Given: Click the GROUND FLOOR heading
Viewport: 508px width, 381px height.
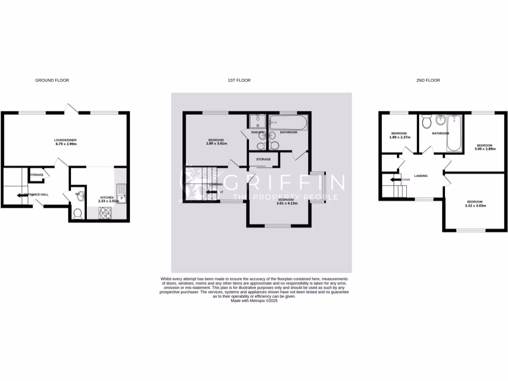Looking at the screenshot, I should point(52,80).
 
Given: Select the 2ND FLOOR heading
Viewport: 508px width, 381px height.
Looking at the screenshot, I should point(429,80).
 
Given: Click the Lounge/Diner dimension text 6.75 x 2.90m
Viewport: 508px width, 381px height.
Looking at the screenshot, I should point(65,144).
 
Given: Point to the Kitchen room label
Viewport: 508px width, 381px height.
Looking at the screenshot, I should point(107,197).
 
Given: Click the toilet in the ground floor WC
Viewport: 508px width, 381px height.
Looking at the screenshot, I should point(77,213).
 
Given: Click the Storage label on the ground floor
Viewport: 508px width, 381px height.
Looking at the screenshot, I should point(37,175).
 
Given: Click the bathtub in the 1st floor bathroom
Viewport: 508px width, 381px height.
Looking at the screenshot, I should point(288,122).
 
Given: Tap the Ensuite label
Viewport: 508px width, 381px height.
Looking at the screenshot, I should point(257,132).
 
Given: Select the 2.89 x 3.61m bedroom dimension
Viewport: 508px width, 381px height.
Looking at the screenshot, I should point(216,144).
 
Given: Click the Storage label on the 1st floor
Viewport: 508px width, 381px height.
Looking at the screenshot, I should point(263,159).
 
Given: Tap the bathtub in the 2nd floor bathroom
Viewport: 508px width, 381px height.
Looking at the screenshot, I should point(454,133).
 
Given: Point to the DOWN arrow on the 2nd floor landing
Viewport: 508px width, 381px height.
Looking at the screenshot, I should point(395,180).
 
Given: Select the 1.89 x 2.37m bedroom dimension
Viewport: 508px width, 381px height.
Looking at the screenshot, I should point(399,137).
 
